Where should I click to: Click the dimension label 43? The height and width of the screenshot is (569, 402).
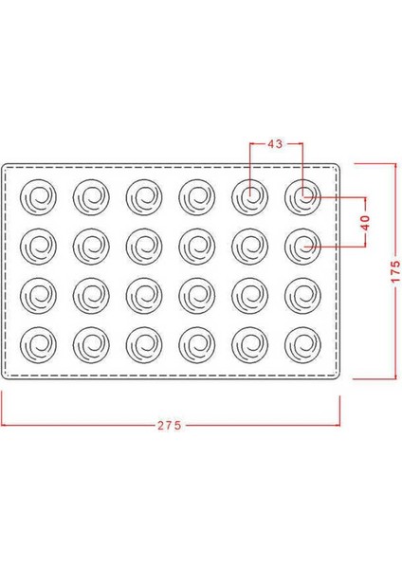click(275, 144)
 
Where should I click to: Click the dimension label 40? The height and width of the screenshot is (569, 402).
click(365, 223)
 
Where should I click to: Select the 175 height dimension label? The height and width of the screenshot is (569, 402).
click(394, 271)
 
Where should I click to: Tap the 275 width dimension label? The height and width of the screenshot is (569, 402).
click(169, 425)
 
